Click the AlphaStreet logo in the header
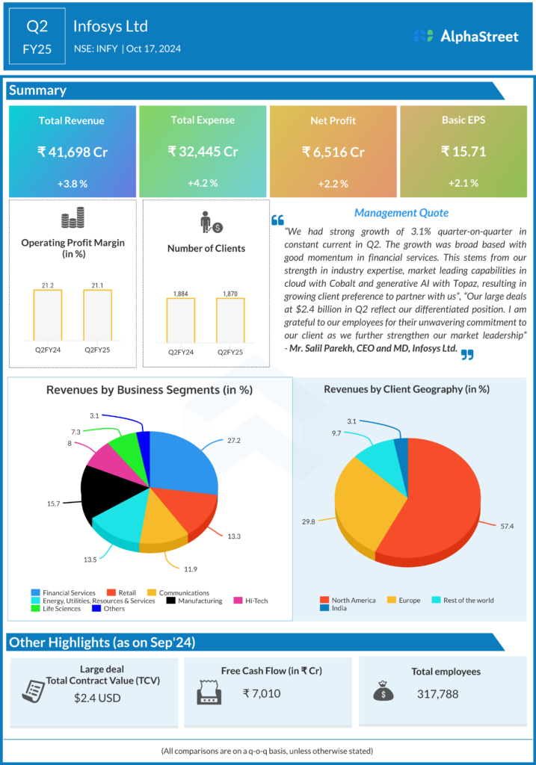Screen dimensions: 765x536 (466, 36)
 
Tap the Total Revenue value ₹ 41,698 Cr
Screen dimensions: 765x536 (73, 152)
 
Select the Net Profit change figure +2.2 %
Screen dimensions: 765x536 (333, 183)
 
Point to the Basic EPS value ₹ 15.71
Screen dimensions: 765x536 (463, 152)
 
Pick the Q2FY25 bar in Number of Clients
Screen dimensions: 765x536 (231, 322)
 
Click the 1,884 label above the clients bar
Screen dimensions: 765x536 (180, 293)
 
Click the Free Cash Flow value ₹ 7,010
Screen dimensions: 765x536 (262, 693)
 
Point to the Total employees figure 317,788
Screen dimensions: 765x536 (437, 693)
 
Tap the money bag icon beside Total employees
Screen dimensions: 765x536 (383, 692)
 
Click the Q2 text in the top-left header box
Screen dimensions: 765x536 (37, 27)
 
